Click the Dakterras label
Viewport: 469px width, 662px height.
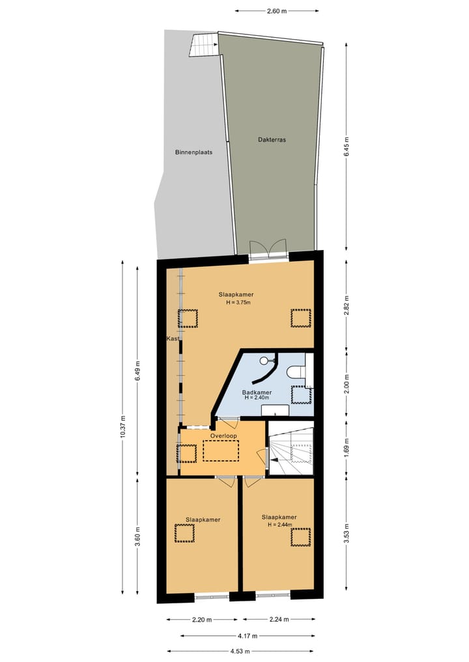pos(272,139)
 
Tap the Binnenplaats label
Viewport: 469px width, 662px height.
pos(194,152)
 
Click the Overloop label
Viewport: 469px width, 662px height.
pos(223,435)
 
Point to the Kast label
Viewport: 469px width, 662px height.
pos(173,338)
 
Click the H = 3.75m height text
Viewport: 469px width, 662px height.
pos(235,303)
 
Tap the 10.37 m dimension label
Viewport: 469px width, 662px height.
pos(122,427)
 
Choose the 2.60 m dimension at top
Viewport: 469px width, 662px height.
pos(277,11)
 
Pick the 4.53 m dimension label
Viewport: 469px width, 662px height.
pos(241,650)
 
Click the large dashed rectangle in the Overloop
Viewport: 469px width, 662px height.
pos(221,450)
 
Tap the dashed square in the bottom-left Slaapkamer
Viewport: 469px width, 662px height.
pos(184,534)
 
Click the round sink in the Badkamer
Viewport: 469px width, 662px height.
pos(264,360)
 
